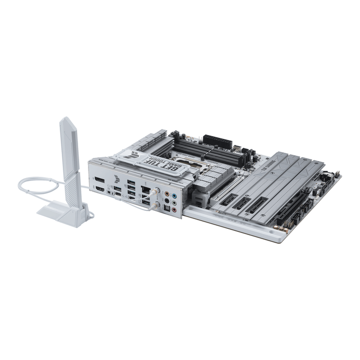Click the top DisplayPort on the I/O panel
pos(98,180)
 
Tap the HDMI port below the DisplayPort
pos(99,189)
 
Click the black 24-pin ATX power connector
pos(218,140)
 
